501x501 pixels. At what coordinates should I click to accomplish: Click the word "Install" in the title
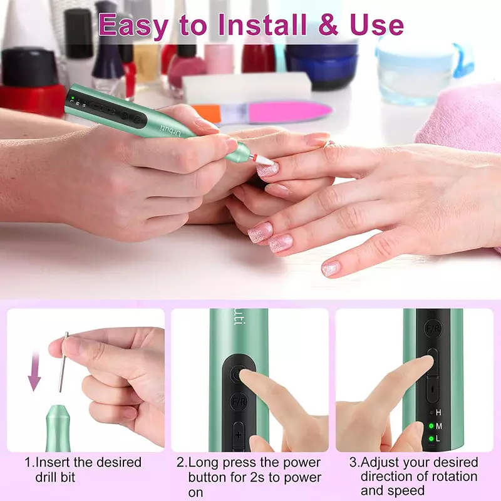pos(262,25)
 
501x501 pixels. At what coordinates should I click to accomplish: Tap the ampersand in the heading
pos(329,25)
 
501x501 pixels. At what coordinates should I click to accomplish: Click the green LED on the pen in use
pos(73,98)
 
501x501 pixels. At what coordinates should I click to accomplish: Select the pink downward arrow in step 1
pos(34,371)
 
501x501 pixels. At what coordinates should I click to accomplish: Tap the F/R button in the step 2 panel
pos(239,402)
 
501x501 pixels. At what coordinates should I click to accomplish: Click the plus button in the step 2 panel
pos(239,435)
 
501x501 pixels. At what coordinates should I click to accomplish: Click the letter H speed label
pos(438,413)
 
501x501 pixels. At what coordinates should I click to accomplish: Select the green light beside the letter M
pos(431,426)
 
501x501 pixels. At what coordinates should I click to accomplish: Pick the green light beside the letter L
pos(431,438)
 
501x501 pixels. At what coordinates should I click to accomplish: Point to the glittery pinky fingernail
pos(331,269)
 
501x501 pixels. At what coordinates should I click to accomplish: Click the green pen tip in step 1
pos(58,428)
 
